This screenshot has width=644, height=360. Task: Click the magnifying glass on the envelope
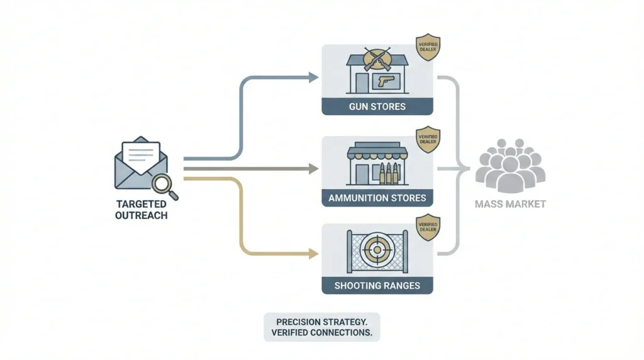[165, 184]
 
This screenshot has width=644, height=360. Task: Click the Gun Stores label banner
[377, 106]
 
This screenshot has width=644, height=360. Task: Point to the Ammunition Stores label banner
[377, 198]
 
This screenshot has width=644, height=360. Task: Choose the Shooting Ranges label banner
[377, 286]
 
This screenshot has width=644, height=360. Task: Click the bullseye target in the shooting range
[377, 250]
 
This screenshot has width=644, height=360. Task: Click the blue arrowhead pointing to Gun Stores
[313, 77]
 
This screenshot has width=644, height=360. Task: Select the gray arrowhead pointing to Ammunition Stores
[313, 168]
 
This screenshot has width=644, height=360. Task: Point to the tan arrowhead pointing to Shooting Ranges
[313, 254]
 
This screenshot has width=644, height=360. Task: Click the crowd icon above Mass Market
[509, 166]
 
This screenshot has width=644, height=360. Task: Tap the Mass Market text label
[509, 204]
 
